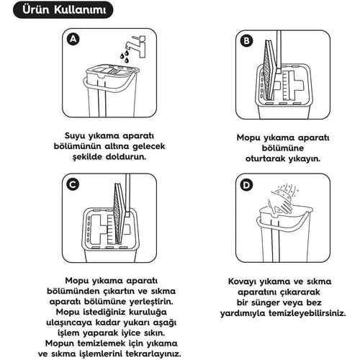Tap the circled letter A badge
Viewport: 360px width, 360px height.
[72, 40]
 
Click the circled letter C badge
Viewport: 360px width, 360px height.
[72, 185]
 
